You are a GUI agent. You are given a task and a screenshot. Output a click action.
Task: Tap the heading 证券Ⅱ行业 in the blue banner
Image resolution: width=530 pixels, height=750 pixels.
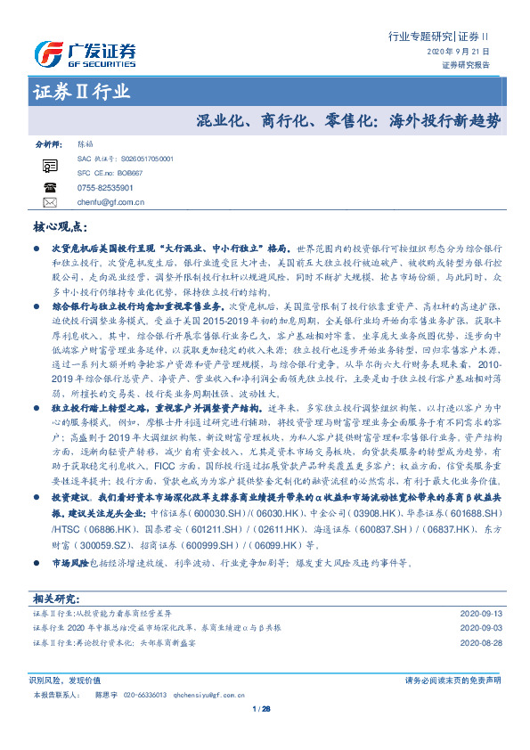[x=81, y=92]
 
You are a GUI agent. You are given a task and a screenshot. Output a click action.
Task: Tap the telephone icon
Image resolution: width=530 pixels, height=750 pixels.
[x=49, y=187]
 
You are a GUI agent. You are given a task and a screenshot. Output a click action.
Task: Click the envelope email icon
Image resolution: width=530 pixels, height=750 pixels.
[x=49, y=202]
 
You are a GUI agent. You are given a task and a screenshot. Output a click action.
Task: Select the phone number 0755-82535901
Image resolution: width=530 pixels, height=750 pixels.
[x=106, y=188]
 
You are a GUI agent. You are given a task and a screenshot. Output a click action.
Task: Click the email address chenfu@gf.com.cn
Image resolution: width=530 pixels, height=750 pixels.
[x=111, y=202]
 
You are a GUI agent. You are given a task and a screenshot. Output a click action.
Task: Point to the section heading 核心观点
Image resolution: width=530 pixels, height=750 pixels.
[x=60, y=226]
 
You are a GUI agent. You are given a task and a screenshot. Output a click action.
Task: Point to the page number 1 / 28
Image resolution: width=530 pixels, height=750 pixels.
[x=261, y=709]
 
